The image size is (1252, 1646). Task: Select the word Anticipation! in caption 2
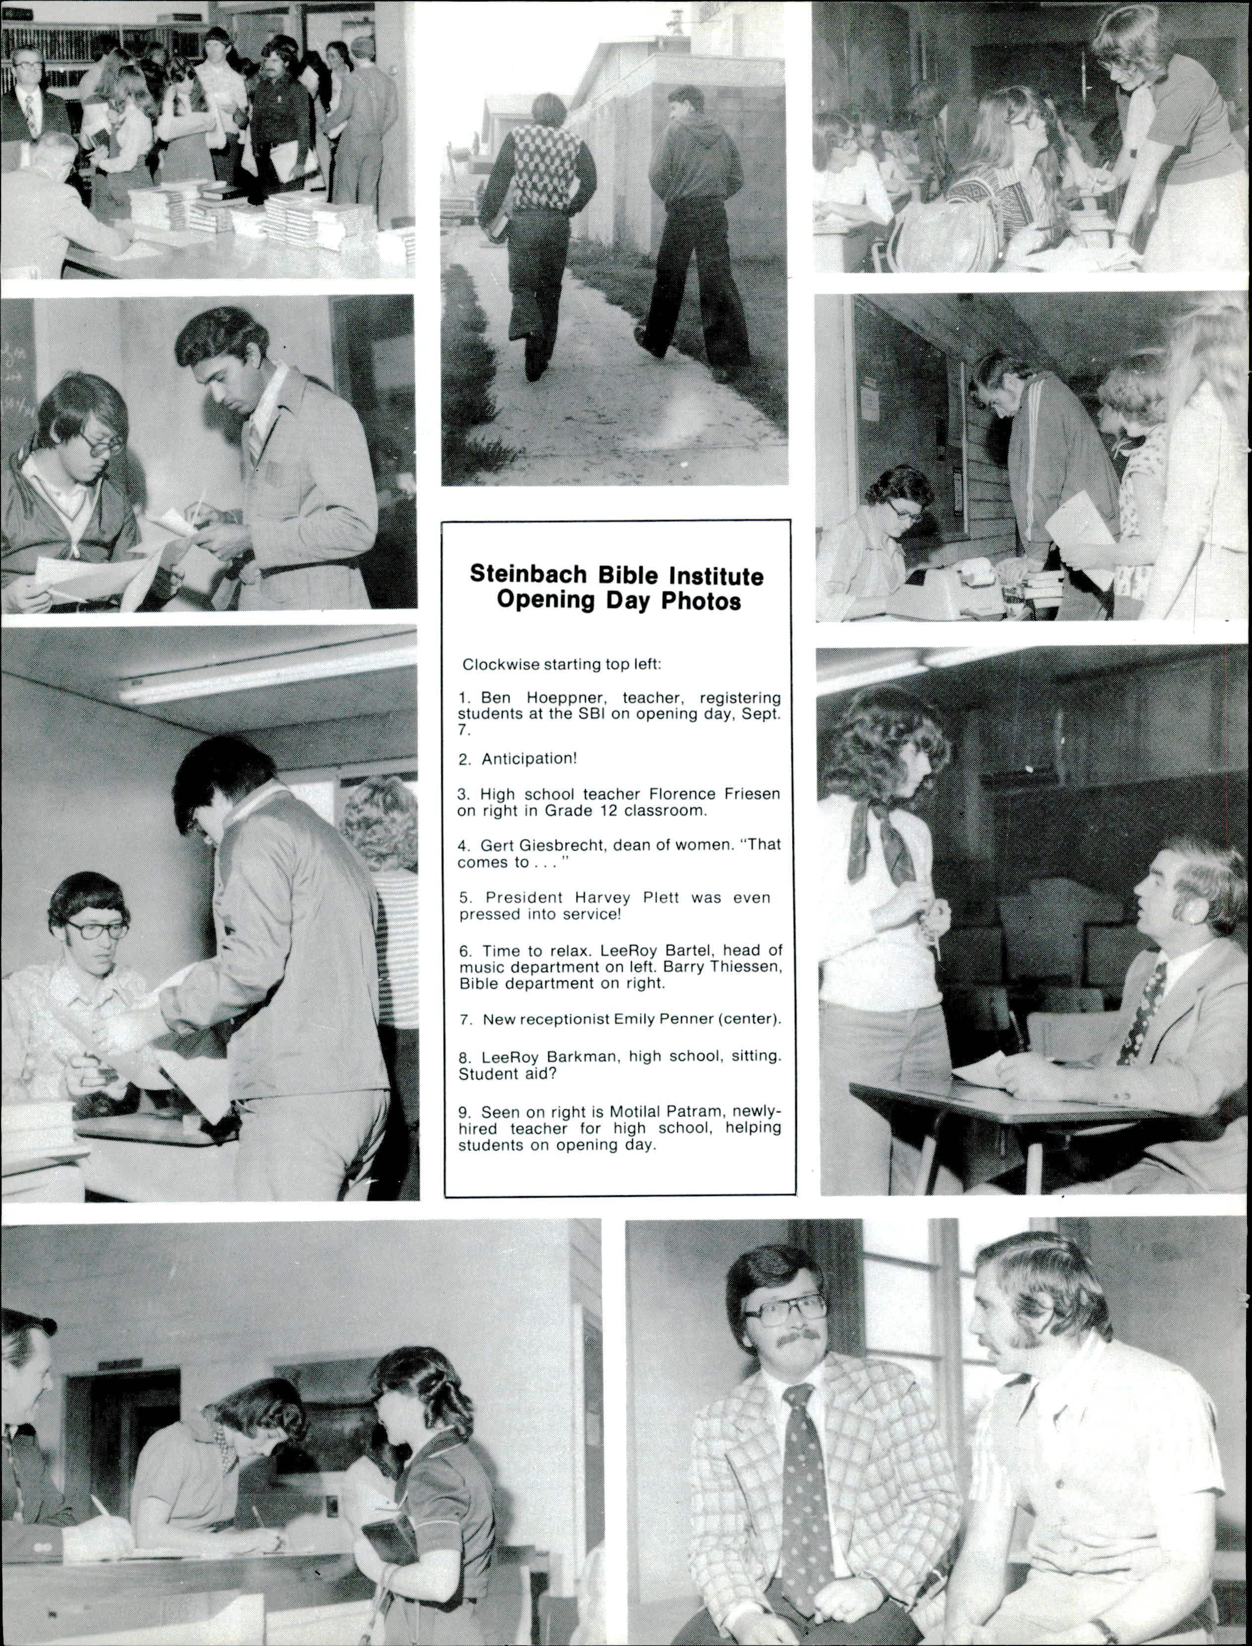529,759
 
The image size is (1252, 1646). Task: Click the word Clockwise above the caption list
499,663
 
